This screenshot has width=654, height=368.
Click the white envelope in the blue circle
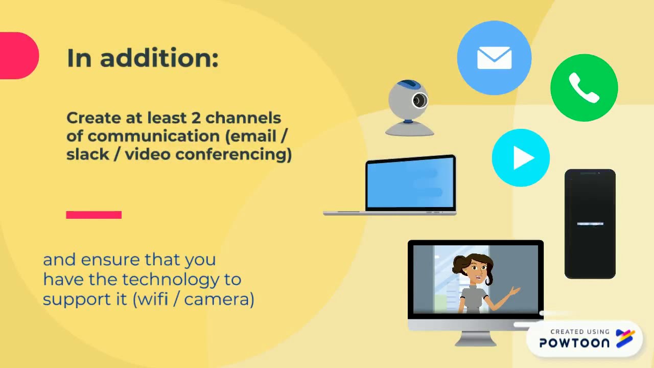[x=494, y=58]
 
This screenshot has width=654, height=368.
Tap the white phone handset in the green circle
[x=584, y=88]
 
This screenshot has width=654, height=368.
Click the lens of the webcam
[x=419, y=101]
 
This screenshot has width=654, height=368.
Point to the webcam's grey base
[x=409, y=130]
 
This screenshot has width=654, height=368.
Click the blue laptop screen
[x=411, y=183]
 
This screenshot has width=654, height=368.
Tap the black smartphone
[x=590, y=224]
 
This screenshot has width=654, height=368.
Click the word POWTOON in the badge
[x=574, y=343]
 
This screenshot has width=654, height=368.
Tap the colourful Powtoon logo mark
[x=625, y=338]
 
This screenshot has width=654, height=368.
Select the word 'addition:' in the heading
[x=159, y=58]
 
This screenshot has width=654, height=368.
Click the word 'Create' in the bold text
[x=94, y=118]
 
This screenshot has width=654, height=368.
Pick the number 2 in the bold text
[x=196, y=118]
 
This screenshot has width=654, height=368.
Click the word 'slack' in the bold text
[x=88, y=154]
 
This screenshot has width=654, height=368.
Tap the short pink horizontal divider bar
[x=94, y=215]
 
